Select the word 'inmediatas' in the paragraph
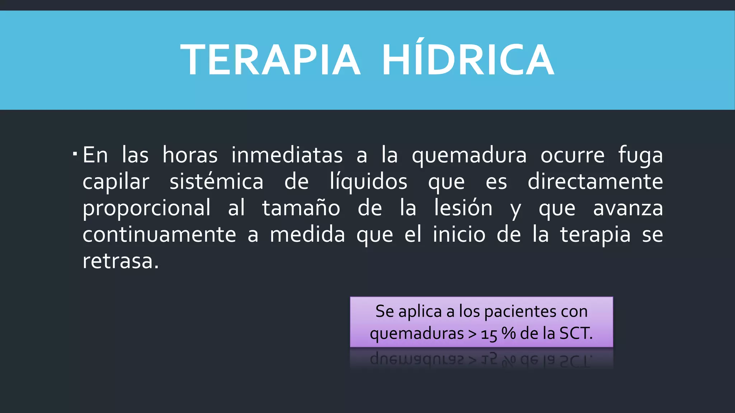287,155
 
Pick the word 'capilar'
116,182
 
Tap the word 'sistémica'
216,181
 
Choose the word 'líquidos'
368,182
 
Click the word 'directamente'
595,181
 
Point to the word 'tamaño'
301,208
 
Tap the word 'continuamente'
159,235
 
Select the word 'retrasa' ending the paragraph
118,261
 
